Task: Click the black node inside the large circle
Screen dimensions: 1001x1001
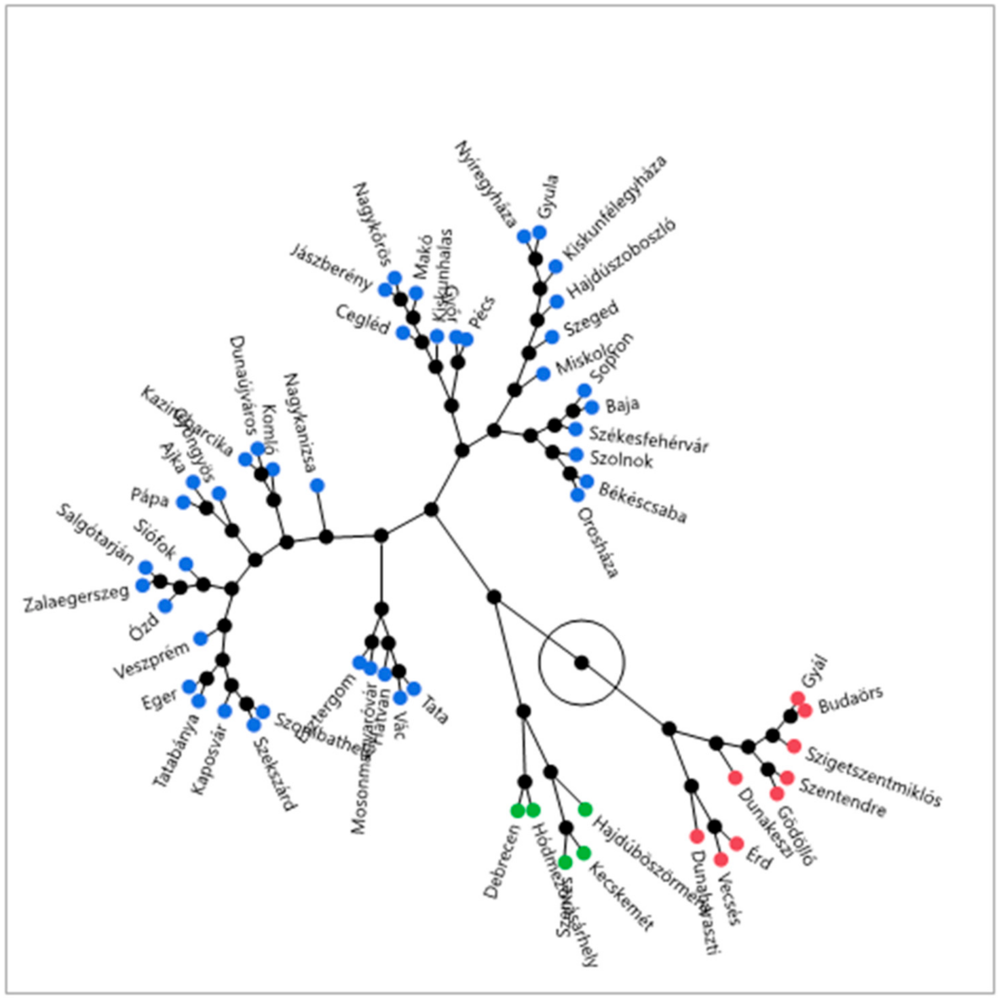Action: (x=581, y=663)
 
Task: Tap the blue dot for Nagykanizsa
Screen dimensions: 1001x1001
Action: (x=317, y=485)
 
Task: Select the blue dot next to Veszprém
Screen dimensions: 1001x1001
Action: (x=200, y=638)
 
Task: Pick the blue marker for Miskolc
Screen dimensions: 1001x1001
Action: (x=543, y=374)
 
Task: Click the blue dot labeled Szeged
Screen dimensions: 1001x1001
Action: (x=552, y=337)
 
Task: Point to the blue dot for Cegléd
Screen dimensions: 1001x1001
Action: (x=403, y=333)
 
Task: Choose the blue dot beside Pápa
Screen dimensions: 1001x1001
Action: (x=183, y=502)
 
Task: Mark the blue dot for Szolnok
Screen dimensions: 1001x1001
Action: (x=576, y=455)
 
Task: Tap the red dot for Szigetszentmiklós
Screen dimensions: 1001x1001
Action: (x=793, y=746)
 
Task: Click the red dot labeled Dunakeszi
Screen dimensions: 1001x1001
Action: (x=735, y=778)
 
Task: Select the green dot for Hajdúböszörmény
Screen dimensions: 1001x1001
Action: (x=585, y=809)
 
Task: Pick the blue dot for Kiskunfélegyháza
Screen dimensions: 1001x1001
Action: (x=555, y=266)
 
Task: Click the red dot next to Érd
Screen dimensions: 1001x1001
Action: (x=737, y=844)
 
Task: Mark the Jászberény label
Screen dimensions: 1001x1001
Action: (x=330, y=267)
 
